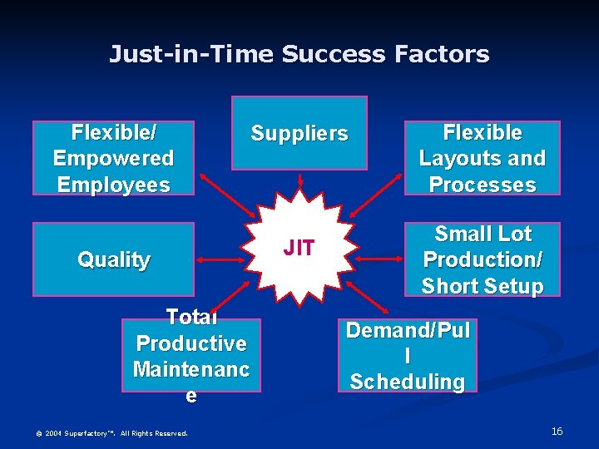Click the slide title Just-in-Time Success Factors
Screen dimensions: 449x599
click(x=299, y=55)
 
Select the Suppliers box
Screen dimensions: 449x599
click(x=299, y=133)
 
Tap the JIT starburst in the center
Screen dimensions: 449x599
click(x=299, y=247)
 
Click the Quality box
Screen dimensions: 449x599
click(x=113, y=259)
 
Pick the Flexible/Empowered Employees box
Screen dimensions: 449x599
click(x=113, y=158)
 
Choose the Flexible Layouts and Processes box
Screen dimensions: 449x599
click(x=482, y=158)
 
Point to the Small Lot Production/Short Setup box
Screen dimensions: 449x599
click(x=482, y=259)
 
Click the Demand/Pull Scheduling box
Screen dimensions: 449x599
click(x=407, y=356)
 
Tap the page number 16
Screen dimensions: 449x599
click(x=557, y=431)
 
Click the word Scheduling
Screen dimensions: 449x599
click(x=407, y=382)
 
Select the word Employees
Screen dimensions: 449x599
click(x=113, y=184)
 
